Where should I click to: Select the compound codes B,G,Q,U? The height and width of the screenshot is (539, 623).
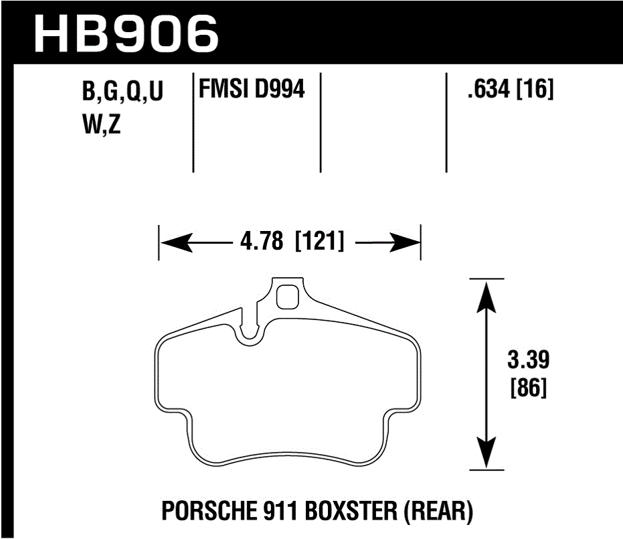[122, 93]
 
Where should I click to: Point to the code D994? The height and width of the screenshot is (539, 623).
[280, 89]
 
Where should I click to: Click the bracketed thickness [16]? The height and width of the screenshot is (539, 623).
[535, 89]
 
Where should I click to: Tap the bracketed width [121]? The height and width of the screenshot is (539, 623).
[319, 242]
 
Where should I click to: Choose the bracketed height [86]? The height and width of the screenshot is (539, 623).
[529, 388]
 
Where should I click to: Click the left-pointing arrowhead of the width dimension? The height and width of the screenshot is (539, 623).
[173, 242]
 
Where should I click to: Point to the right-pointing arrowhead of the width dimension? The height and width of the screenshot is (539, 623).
[406, 242]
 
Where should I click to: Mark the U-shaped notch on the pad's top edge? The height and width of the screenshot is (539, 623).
[252, 332]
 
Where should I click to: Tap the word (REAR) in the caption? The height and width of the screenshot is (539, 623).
[439, 512]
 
